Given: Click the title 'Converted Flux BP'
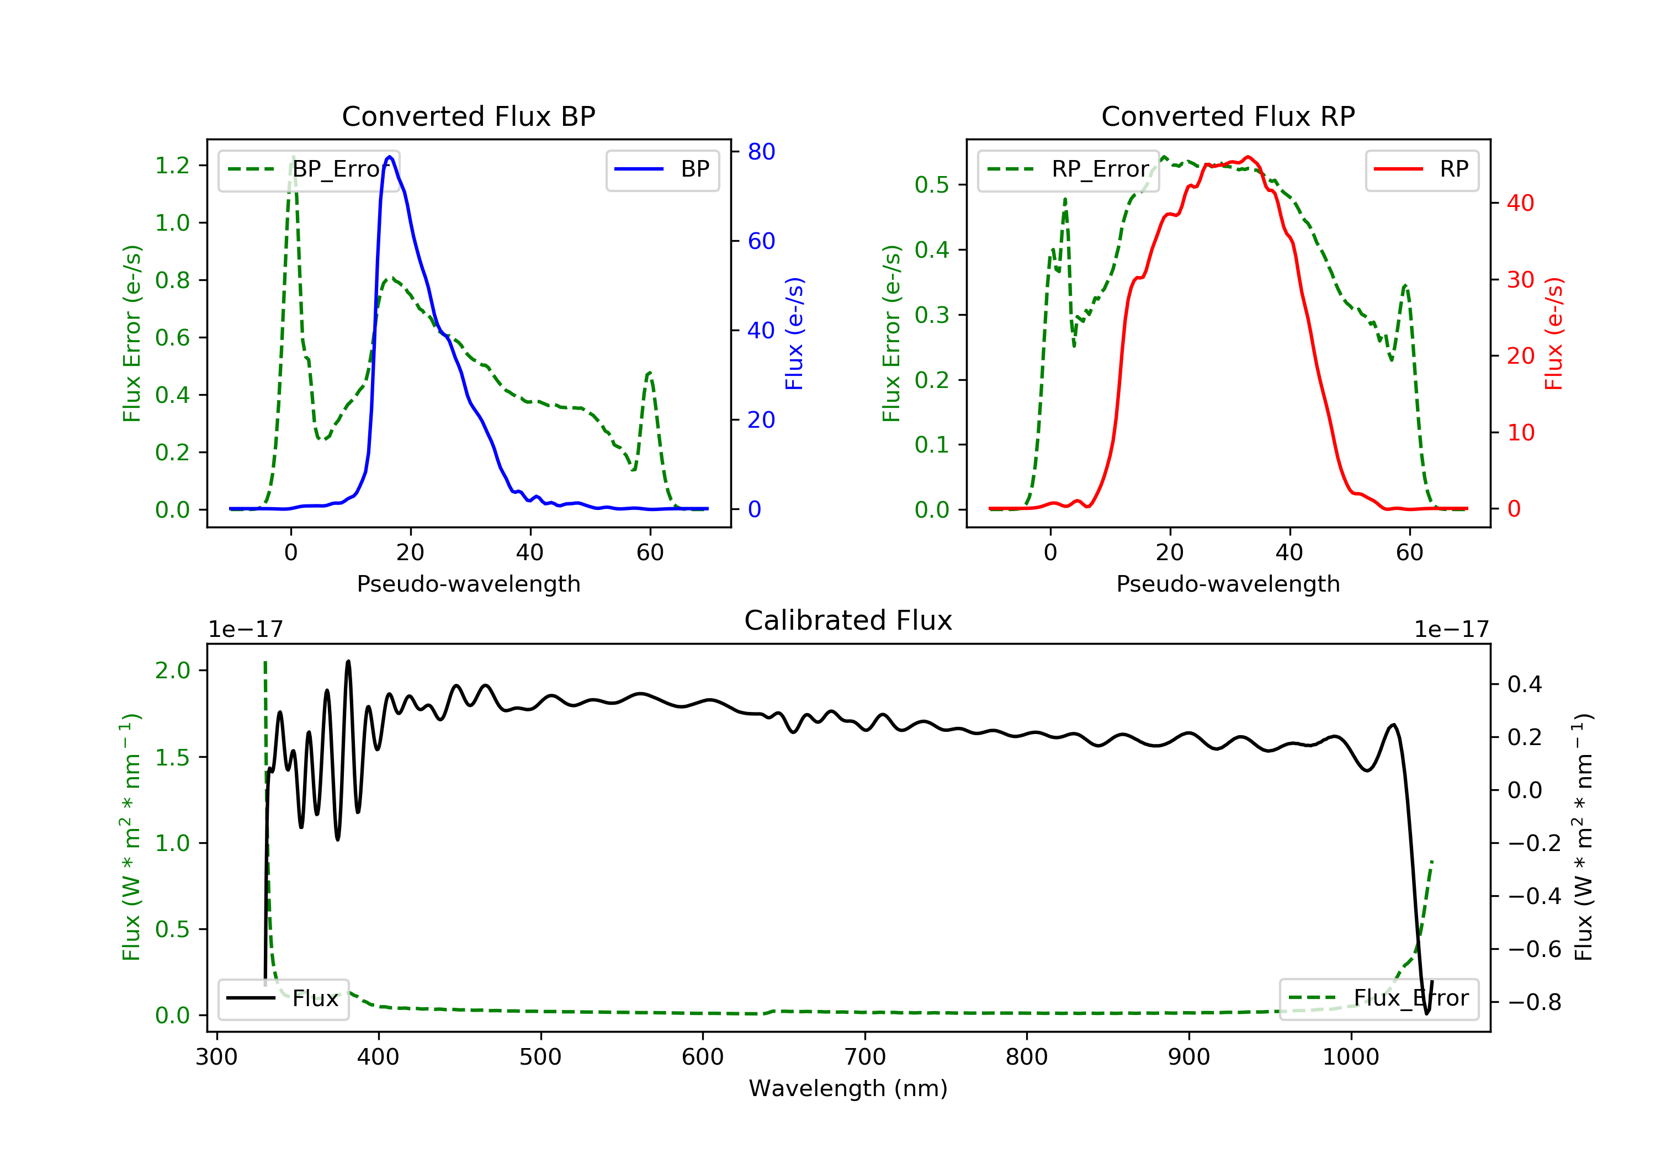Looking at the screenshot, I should point(468,116).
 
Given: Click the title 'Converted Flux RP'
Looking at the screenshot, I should point(1228,116).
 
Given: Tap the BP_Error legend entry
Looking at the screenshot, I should point(309,169).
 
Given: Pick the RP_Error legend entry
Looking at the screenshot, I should point(1068,169).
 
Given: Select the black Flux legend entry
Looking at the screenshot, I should point(283,998).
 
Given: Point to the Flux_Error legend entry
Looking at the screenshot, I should point(1378,998).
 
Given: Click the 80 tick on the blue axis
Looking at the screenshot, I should point(761,151).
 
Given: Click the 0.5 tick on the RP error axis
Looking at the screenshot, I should point(932,185).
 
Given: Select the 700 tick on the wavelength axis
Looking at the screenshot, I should point(865,1057).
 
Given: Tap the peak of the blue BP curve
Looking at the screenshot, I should point(390,157).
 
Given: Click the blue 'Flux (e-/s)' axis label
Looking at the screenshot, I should point(794,333).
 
